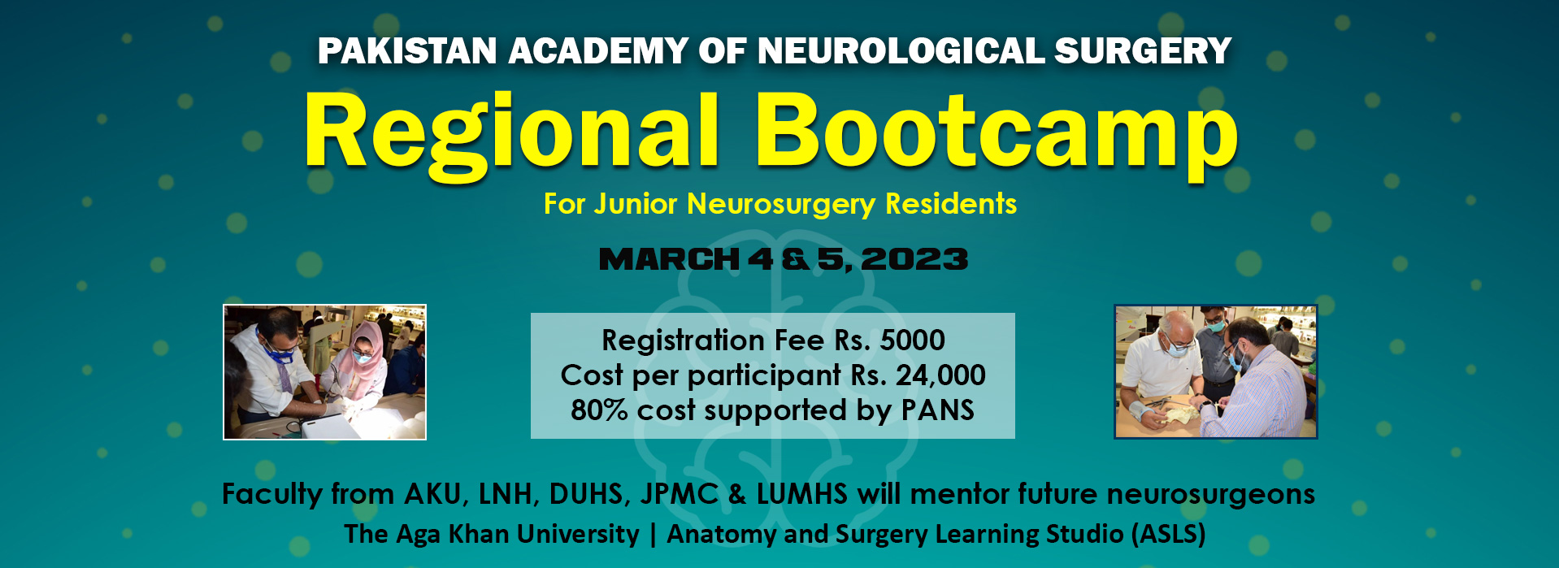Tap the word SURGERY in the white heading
click(x=1143, y=51)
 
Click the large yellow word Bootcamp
click(x=997, y=132)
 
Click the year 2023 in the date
click(x=914, y=259)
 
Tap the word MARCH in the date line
click(x=669, y=259)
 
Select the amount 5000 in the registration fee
click(x=912, y=340)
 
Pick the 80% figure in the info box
click(x=599, y=410)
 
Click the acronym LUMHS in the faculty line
click(x=802, y=494)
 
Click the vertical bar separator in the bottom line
click(x=654, y=535)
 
